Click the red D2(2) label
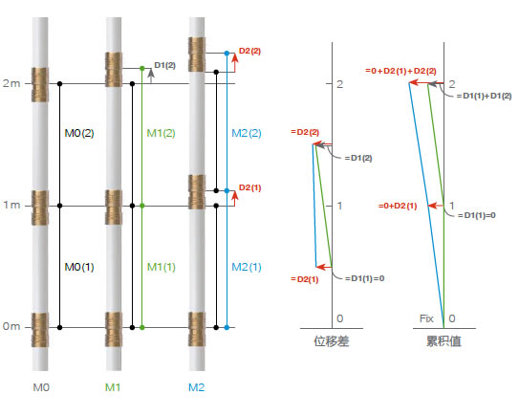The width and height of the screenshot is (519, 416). [249, 51]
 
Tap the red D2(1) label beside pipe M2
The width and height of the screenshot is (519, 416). [249, 187]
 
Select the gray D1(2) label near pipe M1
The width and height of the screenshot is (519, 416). [164, 65]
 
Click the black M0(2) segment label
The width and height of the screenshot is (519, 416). [79, 133]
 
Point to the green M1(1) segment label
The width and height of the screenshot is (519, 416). [162, 267]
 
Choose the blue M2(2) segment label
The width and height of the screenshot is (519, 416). [247, 133]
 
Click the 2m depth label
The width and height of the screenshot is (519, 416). [11, 83]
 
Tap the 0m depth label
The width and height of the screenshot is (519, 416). [11, 326]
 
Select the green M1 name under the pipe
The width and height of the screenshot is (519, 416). [113, 387]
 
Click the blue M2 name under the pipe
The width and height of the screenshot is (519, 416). [196, 387]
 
